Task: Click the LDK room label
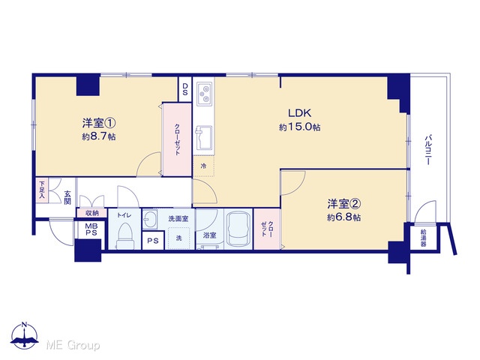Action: tap(299, 113)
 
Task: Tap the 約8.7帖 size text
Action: tap(98, 136)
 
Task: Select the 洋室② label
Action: tap(344, 203)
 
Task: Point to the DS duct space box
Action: tap(185, 89)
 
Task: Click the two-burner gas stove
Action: tap(204, 93)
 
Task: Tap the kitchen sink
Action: tap(203, 138)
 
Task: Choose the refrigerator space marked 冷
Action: tap(203, 166)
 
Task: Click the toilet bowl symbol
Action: tap(124, 235)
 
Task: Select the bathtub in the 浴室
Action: tap(238, 229)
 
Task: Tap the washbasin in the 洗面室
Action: tap(150, 219)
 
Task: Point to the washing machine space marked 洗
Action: tap(178, 238)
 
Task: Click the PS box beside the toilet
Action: tap(153, 241)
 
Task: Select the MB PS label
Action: tap(91, 229)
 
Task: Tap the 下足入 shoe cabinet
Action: tap(42, 190)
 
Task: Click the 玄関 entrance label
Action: tap(67, 197)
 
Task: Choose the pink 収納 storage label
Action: tap(91, 213)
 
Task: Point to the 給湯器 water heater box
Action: tap(423, 238)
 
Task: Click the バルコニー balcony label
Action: tap(428, 149)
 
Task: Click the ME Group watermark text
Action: tap(73, 345)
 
